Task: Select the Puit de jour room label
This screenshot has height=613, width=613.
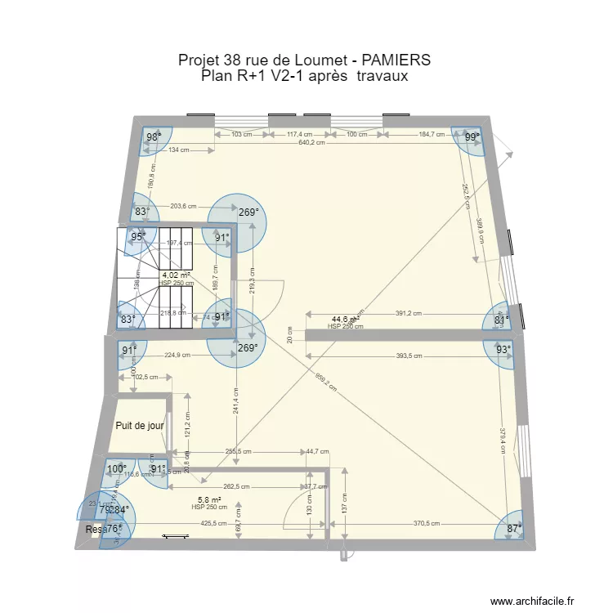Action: coord(138,426)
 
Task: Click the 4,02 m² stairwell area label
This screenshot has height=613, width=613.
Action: coord(176,275)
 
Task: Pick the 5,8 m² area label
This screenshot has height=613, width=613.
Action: coord(208,499)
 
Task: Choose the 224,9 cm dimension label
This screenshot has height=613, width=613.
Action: coord(177,356)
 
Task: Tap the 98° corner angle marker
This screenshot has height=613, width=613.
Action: coord(152,137)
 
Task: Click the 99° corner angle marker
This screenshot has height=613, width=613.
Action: coord(472,138)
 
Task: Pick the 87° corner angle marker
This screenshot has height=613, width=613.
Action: coord(512,529)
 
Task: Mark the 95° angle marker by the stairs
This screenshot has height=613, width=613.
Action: coord(139,237)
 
